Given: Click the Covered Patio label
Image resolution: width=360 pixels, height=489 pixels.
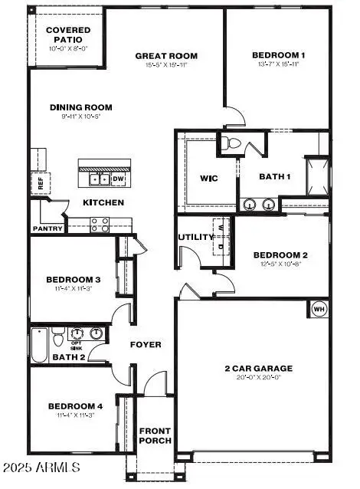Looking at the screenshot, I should click(68, 34).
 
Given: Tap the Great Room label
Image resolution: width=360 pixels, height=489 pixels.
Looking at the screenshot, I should click(166, 56).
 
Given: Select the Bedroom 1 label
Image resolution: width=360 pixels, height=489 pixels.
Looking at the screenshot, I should click(279, 55).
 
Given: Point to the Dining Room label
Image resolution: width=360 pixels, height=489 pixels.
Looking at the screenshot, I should click(81, 107).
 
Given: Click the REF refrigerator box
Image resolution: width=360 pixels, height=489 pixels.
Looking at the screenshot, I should click(41, 184).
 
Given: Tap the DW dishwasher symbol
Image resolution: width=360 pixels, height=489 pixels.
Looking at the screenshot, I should click(118, 179).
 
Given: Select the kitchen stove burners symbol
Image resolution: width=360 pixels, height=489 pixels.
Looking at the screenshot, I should click(99, 224).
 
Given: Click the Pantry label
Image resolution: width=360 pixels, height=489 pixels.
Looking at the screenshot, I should click(47, 228).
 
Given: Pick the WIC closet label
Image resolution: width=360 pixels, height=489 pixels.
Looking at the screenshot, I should click(209, 179).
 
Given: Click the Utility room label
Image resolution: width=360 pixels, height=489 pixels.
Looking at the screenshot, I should click(196, 237).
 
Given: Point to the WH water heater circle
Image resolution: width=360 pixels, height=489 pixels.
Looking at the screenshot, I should click(319, 309).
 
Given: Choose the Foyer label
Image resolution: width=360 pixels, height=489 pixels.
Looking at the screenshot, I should click(145, 344).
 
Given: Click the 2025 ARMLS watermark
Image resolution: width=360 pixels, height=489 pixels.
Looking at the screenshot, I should click(44, 467).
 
